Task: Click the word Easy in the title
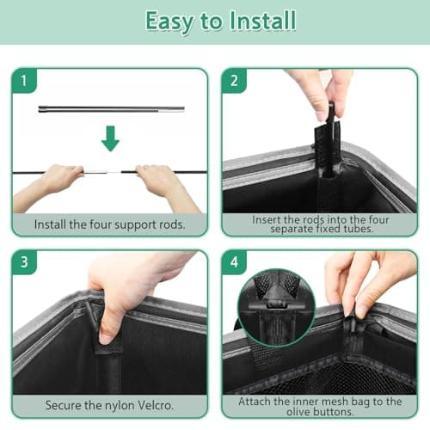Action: (169, 21)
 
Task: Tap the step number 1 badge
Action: (24, 81)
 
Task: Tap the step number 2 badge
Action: (234, 81)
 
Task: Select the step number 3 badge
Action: (24, 262)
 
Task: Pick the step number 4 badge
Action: (234, 262)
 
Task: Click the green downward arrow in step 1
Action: (110, 138)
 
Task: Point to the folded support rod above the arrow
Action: (112, 109)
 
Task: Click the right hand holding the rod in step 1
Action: (166, 187)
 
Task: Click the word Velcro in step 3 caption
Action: (156, 405)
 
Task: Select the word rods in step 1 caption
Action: (171, 224)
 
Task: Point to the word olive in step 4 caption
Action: (298, 412)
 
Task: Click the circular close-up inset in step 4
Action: (276, 307)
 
